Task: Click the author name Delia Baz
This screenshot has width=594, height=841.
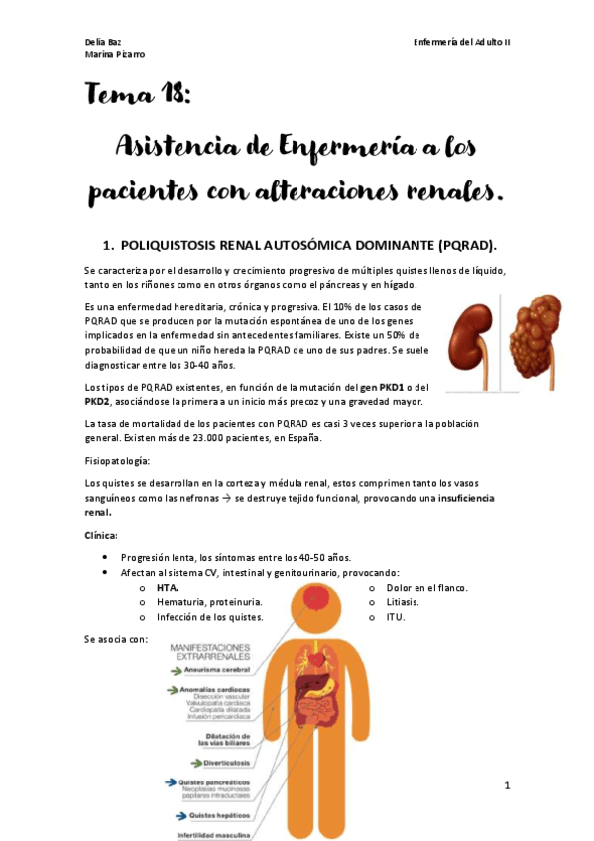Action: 103,41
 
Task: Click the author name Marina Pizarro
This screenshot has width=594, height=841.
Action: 115,54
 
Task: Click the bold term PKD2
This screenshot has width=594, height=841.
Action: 100,401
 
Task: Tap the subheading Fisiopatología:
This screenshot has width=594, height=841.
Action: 118,461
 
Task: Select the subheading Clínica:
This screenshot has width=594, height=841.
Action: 103,536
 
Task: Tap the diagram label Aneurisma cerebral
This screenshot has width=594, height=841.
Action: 215,670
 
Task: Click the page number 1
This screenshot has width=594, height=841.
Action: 506,786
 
